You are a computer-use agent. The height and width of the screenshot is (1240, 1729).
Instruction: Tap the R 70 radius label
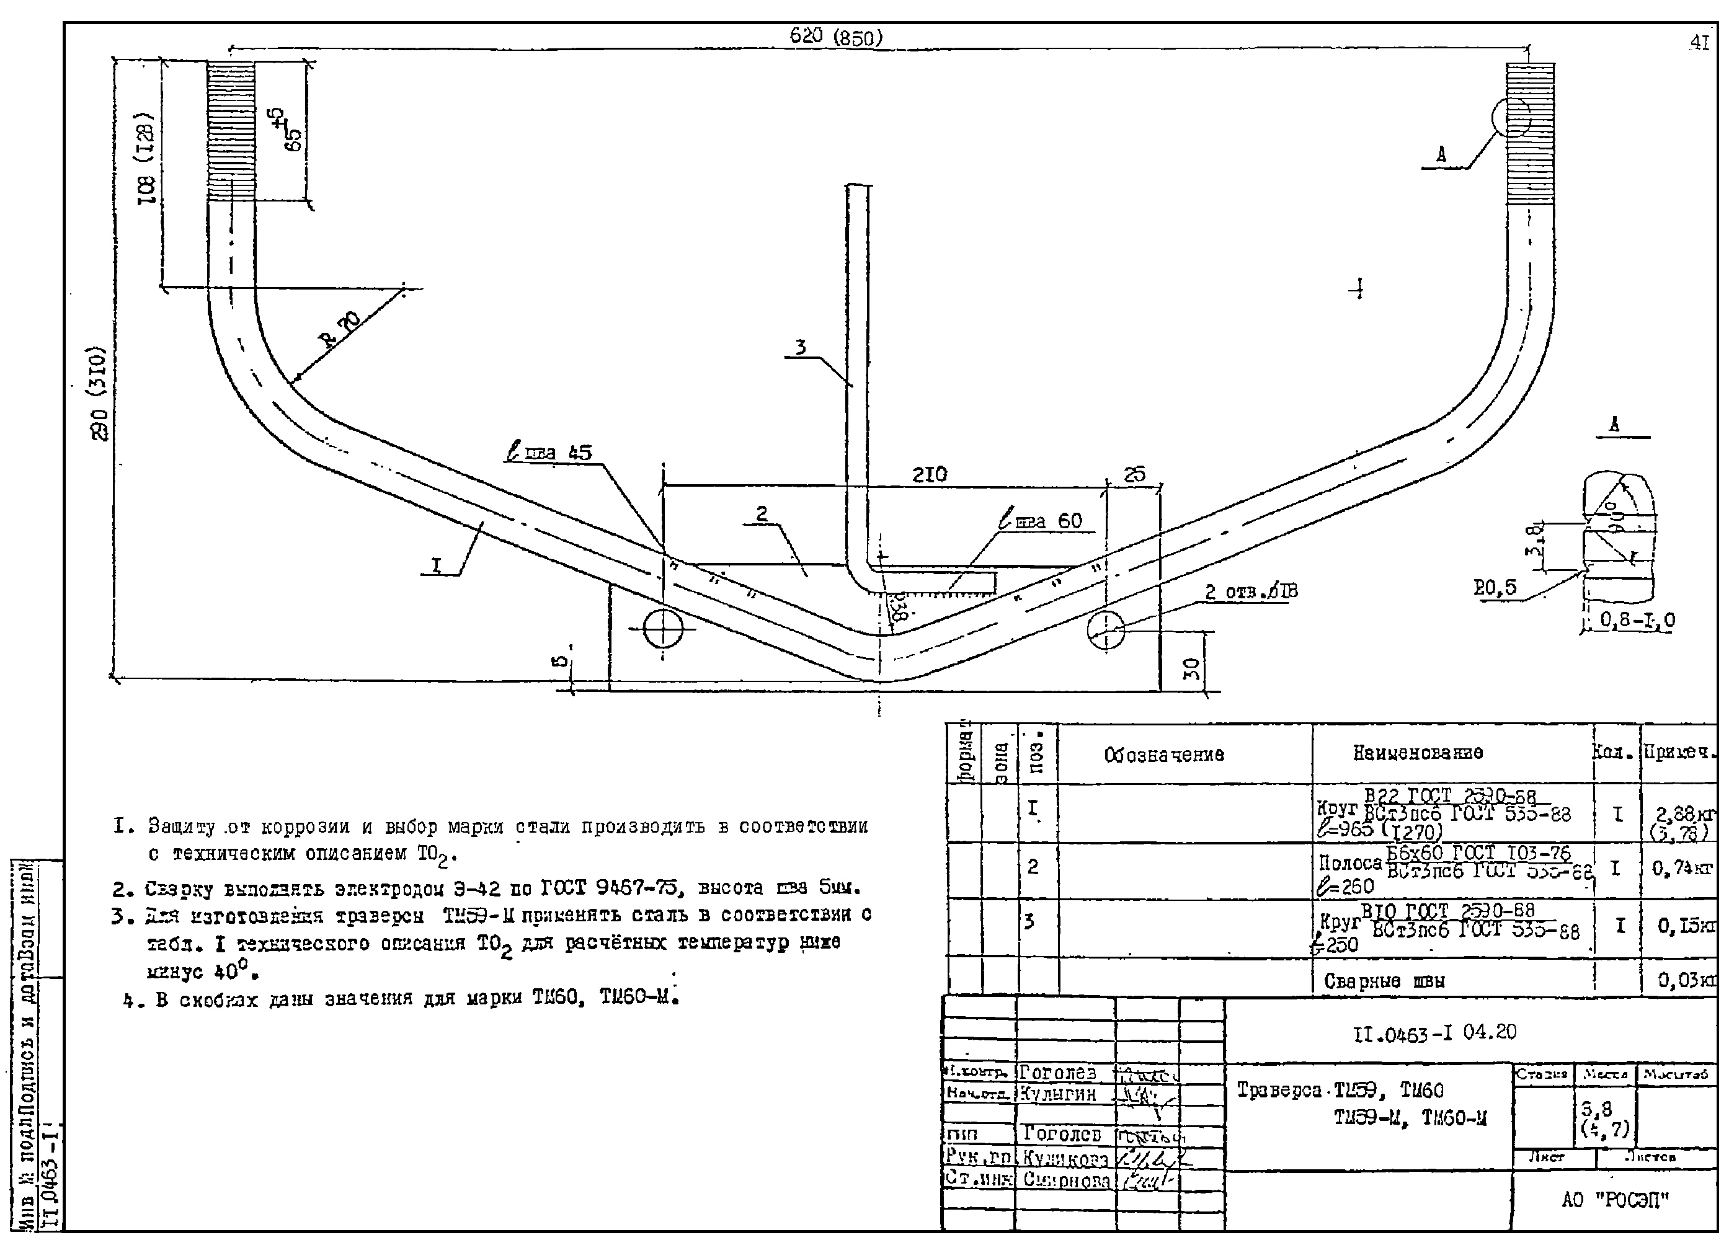point(342,329)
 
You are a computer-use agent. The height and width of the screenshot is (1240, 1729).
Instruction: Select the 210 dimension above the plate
point(929,474)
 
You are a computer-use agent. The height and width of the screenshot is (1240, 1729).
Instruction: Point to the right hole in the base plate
point(1106,629)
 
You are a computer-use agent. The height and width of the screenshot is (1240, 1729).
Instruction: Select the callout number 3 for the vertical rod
point(800,348)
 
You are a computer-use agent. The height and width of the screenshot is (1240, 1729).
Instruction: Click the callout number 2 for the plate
point(762,514)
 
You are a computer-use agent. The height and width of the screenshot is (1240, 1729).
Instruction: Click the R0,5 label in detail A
point(1494,588)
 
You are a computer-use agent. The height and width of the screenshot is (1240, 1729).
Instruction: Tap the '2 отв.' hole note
point(1251,591)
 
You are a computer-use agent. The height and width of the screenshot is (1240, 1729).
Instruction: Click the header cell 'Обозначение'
point(1164,754)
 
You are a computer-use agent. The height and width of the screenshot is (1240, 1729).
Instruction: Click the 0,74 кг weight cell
point(1682,868)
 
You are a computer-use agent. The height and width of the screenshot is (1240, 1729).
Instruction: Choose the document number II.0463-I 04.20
point(1434,1033)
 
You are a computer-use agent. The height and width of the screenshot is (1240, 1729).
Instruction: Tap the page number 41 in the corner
point(1699,43)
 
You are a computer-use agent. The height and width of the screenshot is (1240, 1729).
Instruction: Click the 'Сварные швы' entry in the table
point(1384,981)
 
